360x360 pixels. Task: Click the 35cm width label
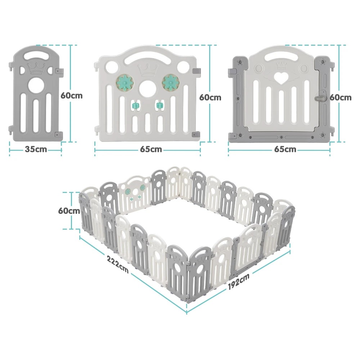(x=36, y=149)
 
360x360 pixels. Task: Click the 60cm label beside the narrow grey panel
(x=72, y=95)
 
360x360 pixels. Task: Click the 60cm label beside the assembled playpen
(x=69, y=211)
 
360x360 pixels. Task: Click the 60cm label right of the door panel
(x=341, y=98)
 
